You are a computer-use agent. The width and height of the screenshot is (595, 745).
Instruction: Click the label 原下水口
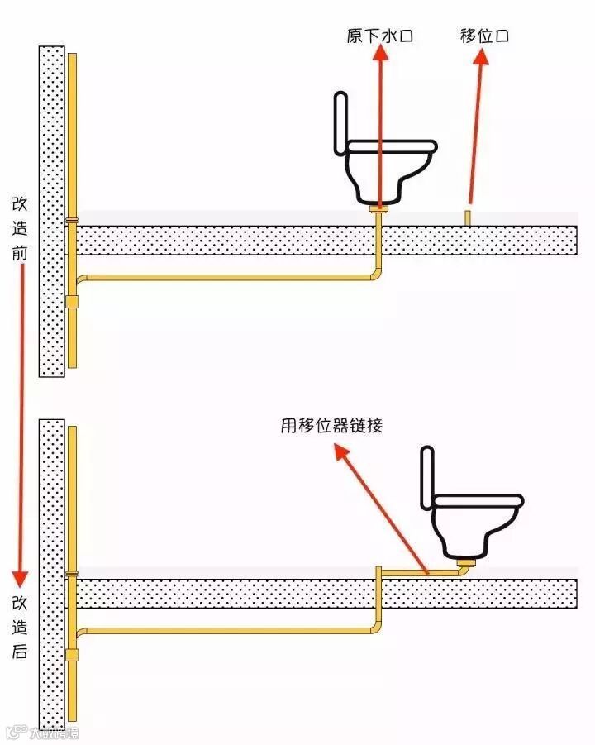[379, 36]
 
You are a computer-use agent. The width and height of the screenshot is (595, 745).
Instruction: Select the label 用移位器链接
[331, 427]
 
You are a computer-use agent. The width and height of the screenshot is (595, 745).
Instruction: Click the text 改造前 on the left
[20, 227]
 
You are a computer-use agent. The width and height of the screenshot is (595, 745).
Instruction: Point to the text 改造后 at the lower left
[20, 627]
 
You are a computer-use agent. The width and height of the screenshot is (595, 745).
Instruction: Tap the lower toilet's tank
[427, 476]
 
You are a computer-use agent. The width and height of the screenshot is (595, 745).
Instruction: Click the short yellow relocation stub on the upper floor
[468, 217]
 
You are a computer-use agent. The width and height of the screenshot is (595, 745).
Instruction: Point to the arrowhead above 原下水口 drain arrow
[380, 53]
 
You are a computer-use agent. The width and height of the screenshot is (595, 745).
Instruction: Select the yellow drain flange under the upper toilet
[379, 212]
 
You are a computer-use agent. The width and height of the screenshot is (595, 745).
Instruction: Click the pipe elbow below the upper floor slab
[376, 274]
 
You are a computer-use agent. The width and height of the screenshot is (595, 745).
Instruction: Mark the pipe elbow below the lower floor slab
[376, 629]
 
